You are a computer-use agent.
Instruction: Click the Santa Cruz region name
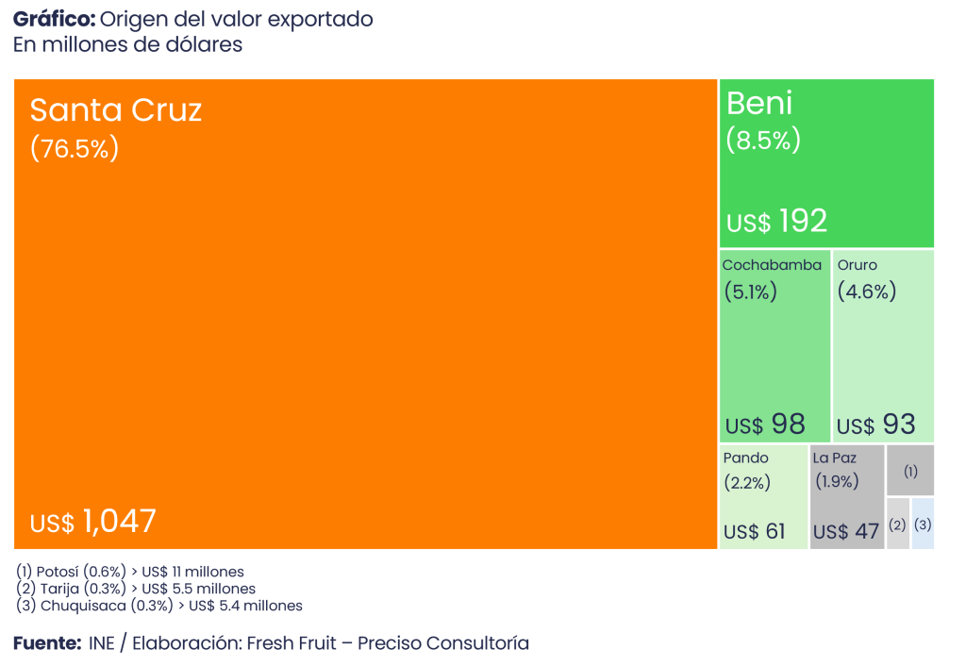click(116, 110)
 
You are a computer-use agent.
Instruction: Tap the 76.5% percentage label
click(75, 149)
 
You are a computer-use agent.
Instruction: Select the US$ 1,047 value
click(93, 522)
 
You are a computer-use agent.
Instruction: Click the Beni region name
click(759, 103)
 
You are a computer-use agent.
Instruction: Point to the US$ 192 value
click(776, 222)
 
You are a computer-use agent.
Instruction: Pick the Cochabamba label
click(772, 265)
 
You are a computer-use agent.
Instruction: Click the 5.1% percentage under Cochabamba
click(750, 291)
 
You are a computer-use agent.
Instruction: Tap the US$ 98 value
click(765, 425)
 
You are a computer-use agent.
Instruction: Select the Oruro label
click(858, 265)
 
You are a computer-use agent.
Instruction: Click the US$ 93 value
click(876, 425)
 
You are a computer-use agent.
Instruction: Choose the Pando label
click(746, 458)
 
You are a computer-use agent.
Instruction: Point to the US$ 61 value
click(754, 531)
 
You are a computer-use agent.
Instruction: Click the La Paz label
click(835, 458)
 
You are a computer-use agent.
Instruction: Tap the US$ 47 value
click(846, 531)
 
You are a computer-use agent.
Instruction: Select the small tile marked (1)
click(910, 470)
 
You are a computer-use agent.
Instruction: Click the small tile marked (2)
click(897, 524)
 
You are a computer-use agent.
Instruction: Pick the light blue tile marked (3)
click(923, 524)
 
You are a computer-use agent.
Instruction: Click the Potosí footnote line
click(131, 572)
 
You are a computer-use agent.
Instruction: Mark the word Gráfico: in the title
click(54, 19)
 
